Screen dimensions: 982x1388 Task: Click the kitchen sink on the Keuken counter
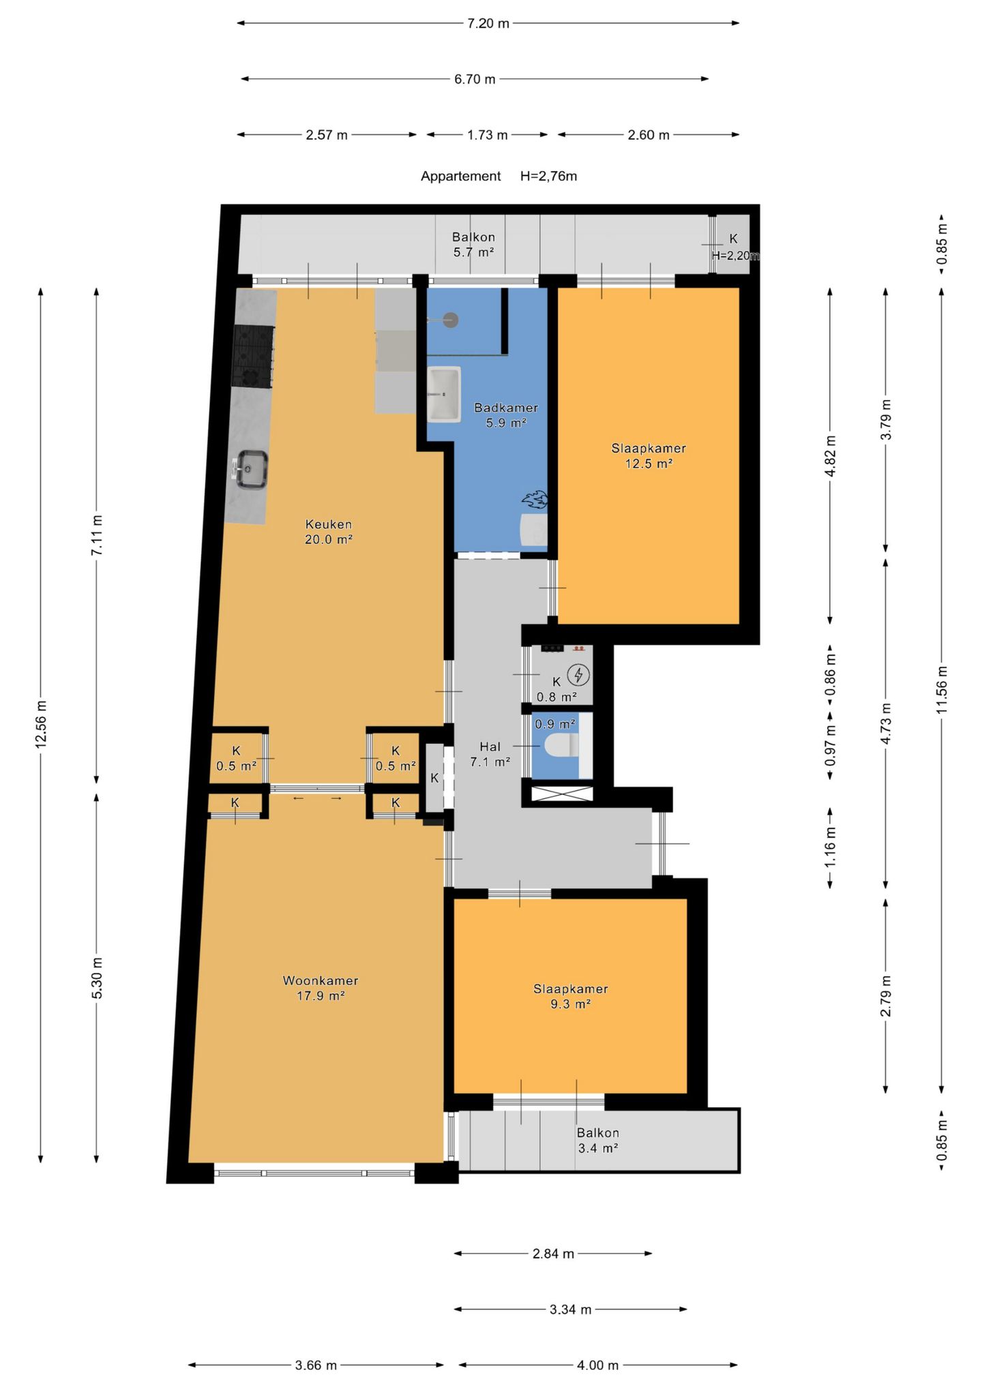point(252,470)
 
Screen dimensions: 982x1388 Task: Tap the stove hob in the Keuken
point(253,357)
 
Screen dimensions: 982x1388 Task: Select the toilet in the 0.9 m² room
point(561,746)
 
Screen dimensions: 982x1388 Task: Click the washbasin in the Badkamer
point(443,393)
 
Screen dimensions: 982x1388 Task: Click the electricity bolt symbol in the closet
point(579,675)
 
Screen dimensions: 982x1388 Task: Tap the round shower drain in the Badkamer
point(450,319)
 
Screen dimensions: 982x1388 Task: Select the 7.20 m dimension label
point(488,23)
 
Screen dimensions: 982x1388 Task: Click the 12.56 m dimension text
point(41,723)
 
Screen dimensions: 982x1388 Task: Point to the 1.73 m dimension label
point(488,135)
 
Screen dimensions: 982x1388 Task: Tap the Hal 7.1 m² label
point(490,754)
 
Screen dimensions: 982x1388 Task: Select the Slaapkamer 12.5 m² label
point(649,455)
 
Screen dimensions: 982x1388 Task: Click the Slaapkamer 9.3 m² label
point(571,996)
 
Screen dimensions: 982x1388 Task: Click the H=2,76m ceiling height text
point(548,176)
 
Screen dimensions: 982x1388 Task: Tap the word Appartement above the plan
point(461,176)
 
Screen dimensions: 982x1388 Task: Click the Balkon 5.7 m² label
point(473,244)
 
